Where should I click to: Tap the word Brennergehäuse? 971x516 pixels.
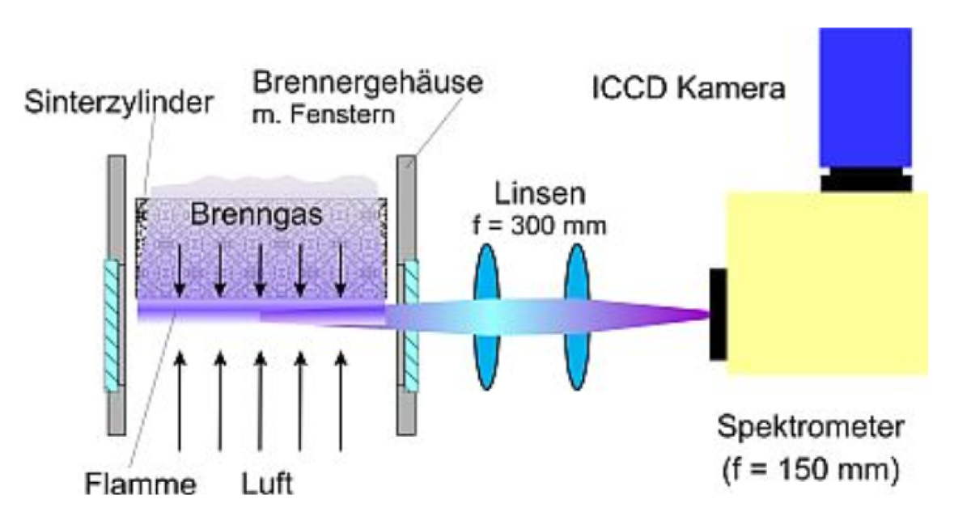point(367,82)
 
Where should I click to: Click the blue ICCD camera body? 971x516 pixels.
point(865,97)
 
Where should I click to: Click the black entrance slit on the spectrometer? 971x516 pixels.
point(718,314)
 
